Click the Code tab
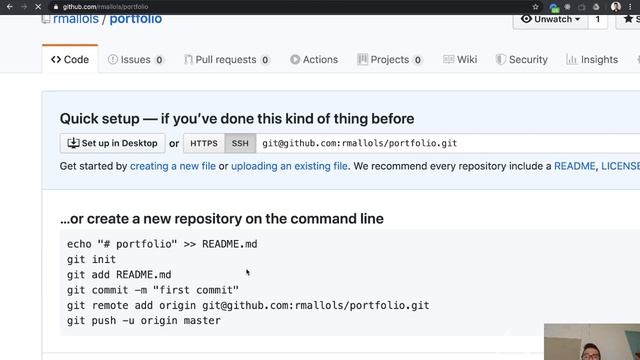click(x=70, y=59)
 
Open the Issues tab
click(x=135, y=59)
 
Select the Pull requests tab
click(x=225, y=59)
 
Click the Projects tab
click(x=389, y=59)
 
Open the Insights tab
click(x=593, y=59)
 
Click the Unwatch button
click(x=552, y=19)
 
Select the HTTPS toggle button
click(x=204, y=143)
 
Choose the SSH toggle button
click(x=240, y=143)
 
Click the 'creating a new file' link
click(x=172, y=166)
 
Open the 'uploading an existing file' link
click(x=290, y=166)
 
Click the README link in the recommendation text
click(x=574, y=166)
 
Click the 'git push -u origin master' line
click(x=143, y=320)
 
